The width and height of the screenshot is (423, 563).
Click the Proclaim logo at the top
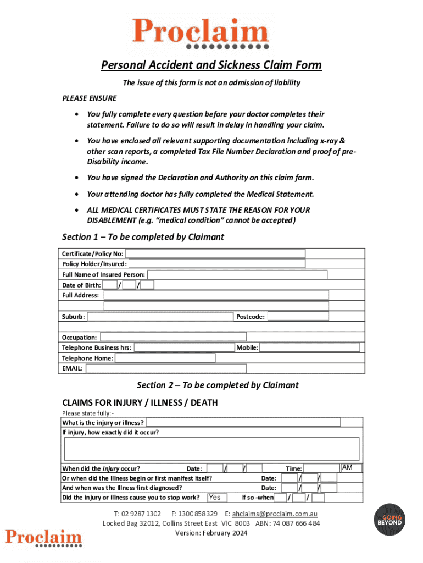tap(199, 32)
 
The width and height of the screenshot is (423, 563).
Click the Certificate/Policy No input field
tap(215, 253)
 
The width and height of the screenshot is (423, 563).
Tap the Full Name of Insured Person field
tap(237, 274)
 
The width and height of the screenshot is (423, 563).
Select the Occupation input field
tap(173, 337)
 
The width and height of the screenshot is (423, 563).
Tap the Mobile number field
tap(309, 347)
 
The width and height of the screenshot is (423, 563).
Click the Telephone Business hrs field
tap(184, 347)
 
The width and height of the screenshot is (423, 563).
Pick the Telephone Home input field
tap(165, 358)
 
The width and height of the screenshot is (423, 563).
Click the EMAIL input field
tap(165, 368)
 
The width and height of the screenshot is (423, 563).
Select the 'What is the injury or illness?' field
tap(243, 422)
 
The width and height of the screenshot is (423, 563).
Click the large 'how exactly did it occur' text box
tap(211, 449)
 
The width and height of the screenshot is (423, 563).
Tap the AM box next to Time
tap(351, 468)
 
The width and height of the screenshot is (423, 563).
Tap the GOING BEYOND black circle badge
tap(389, 520)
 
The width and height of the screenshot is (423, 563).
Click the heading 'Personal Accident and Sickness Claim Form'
tap(211, 66)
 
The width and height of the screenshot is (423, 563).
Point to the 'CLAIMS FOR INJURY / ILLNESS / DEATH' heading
tap(140, 402)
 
